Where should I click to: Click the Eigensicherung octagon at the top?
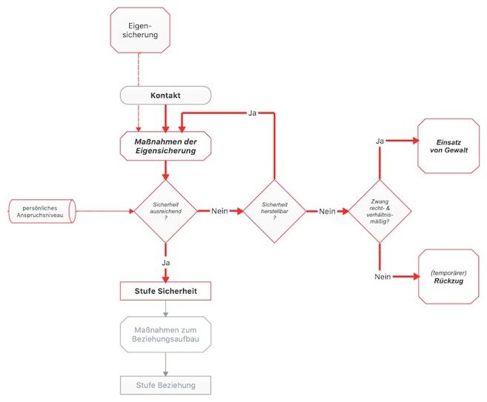140,30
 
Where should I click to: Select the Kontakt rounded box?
165,96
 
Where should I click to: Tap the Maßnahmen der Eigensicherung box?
165,146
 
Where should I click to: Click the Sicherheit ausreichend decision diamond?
165,211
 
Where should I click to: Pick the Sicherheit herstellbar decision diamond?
274,211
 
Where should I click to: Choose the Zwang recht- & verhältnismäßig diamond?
380,211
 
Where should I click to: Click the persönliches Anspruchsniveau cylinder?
42,211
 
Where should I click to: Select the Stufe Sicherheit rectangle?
165,291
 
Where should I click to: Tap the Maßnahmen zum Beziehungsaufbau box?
165,335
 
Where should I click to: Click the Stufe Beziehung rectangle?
165,385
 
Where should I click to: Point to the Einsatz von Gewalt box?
448,146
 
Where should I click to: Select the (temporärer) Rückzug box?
448,276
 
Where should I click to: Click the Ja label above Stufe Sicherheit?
165,263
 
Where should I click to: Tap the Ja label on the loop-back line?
252,113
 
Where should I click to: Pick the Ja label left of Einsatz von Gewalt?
380,141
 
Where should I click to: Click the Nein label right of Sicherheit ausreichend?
219,211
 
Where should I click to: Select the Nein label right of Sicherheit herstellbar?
327,211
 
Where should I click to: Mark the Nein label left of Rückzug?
382,276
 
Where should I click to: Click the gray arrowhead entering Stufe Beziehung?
165,373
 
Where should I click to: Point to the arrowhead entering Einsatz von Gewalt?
416,141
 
